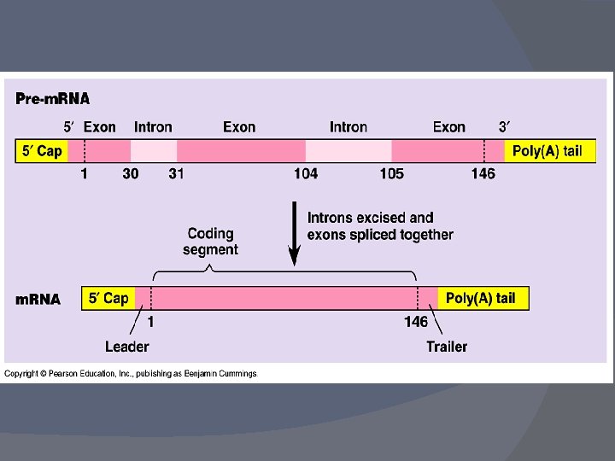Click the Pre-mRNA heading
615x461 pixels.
pos(53,99)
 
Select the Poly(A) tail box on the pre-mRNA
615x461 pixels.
pos(547,151)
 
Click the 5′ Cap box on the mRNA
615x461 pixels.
pos(108,298)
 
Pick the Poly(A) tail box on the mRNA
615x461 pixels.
pos(481,298)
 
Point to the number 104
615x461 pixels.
pos(305,174)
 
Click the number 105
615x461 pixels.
pos(392,174)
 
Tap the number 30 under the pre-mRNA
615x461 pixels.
pos(131,174)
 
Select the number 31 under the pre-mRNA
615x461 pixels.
pos(176,174)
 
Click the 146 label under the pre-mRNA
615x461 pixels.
pos(483,174)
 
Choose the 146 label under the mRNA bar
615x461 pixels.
pos(416,322)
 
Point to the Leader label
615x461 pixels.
pos(127,347)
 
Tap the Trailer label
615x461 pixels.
pos(447,347)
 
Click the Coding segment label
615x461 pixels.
pos(210,241)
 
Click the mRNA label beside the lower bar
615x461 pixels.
pos(38,300)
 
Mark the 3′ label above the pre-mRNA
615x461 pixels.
pos(504,127)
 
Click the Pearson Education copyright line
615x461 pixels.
pos(131,373)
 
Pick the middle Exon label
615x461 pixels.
pos(239,127)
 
